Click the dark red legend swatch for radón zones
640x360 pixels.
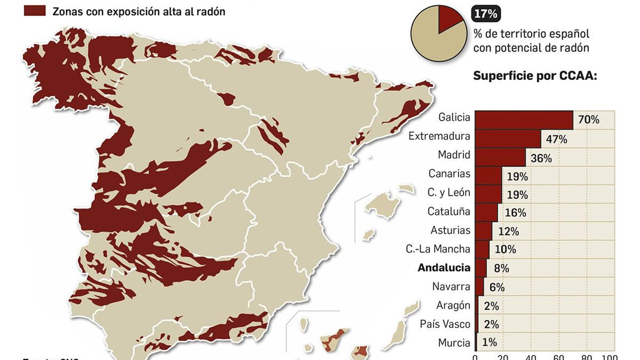[34, 11]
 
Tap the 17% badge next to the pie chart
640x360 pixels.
[486, 14]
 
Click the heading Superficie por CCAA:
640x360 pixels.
[535, 76]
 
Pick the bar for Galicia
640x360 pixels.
[524, 120]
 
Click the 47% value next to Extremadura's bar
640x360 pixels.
[556, 139]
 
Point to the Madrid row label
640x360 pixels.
[454, 155]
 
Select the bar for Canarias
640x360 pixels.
[488, 176]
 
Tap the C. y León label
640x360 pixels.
[448, 192]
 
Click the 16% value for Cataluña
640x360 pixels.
[515, 213]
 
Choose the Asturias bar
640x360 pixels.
[484, 231]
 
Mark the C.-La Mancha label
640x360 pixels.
[438, 249]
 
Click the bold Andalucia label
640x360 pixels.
[444, 268]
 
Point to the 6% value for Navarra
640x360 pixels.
[497, 287]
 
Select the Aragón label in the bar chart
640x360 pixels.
[453, 305]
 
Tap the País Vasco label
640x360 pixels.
[445, 324]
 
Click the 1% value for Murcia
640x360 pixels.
[489, 342]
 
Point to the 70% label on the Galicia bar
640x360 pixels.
[588, 120]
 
